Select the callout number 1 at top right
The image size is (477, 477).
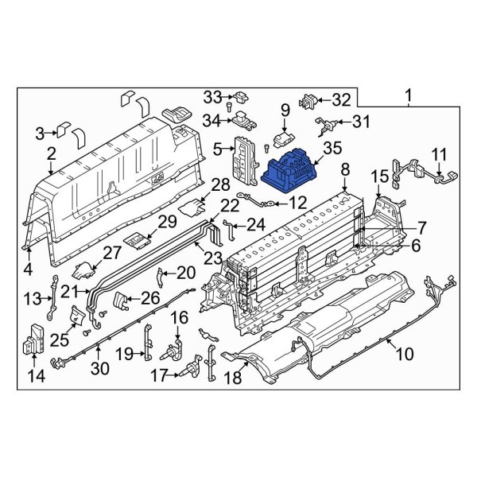point(409,98)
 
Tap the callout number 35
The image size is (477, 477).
point(332,146)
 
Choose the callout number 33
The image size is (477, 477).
point(210,97)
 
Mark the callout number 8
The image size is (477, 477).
point(344,169)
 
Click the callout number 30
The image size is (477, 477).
point(98,367)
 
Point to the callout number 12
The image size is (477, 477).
point(297,203)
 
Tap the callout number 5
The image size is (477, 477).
point(216,147)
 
